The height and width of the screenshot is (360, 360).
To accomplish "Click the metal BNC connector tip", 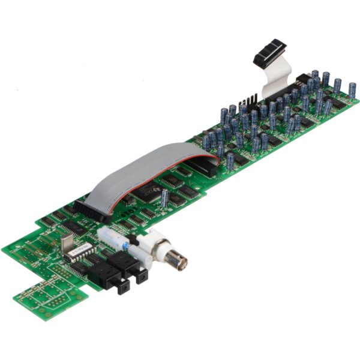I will [178, 260].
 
